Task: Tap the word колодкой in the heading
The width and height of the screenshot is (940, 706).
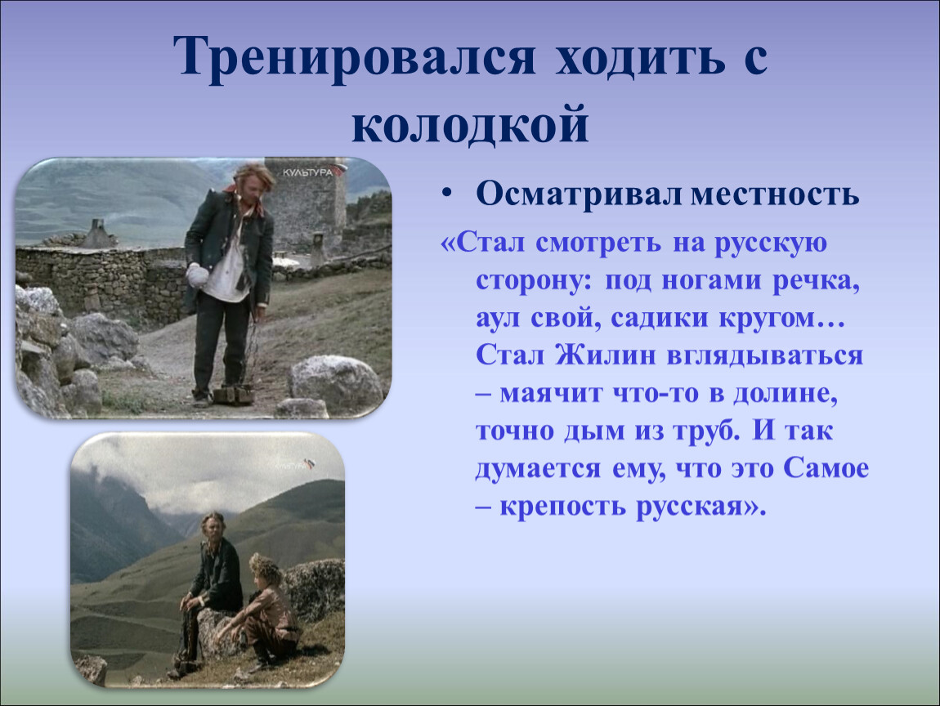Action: tap(470, 125)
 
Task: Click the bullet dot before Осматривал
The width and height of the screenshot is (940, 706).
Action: tap(446, 194)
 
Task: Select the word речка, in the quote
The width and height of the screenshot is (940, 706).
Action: tap(816, 280)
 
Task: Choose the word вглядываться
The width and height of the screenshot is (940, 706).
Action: tap(765, 356)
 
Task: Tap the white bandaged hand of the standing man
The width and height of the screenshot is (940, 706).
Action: tap(197, 275)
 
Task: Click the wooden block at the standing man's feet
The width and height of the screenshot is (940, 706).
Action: tap(235, 395)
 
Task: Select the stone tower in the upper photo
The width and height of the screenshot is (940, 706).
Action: tap(306, 203)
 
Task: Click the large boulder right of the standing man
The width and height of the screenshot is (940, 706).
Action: tap(336, 382)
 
